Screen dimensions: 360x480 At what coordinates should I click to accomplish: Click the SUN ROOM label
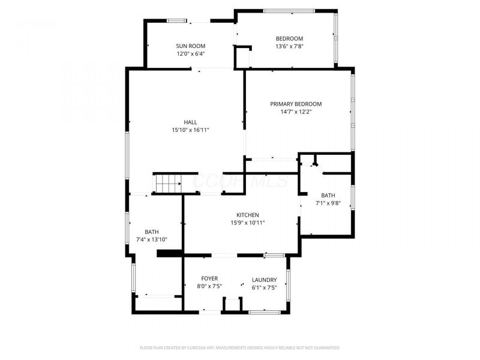(x=190, y=46)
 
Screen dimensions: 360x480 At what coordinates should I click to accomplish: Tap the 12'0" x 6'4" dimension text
(x=190, y=54)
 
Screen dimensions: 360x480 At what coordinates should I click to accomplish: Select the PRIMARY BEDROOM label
(x=296, y=104)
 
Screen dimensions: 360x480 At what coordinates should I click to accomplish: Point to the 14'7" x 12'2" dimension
(x=296, y=112)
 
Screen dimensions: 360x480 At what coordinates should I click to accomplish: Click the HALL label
(x=190, y=122)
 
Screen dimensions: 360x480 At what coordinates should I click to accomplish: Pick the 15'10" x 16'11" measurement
(x=190, y=130)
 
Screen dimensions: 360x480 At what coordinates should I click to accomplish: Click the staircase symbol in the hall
(x=168, y=182)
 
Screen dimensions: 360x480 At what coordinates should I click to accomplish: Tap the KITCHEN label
(x=247, y=215)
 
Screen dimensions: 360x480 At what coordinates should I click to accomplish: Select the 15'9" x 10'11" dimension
(x=247, y=223)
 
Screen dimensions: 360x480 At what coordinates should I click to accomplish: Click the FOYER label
(x=209, y=279)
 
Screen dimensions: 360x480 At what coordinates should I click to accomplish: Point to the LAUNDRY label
(x=264, y=280)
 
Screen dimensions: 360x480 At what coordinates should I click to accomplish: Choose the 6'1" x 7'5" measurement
(x=264, y=287)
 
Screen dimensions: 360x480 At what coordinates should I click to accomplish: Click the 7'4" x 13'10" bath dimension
(x=152, y=240)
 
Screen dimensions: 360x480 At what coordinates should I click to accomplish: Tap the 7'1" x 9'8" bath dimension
(x=328, y=203)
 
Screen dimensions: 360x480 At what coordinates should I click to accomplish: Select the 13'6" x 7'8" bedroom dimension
(x=289, y=47)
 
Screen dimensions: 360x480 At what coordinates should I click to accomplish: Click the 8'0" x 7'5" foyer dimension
(x=209, y=287)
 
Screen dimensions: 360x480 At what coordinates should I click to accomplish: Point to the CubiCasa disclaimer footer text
(x=240, y=347)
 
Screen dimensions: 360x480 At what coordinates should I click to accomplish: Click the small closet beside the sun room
(x=242, y=58)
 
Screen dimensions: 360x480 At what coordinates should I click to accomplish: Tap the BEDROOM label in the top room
(x=289, y=39)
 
